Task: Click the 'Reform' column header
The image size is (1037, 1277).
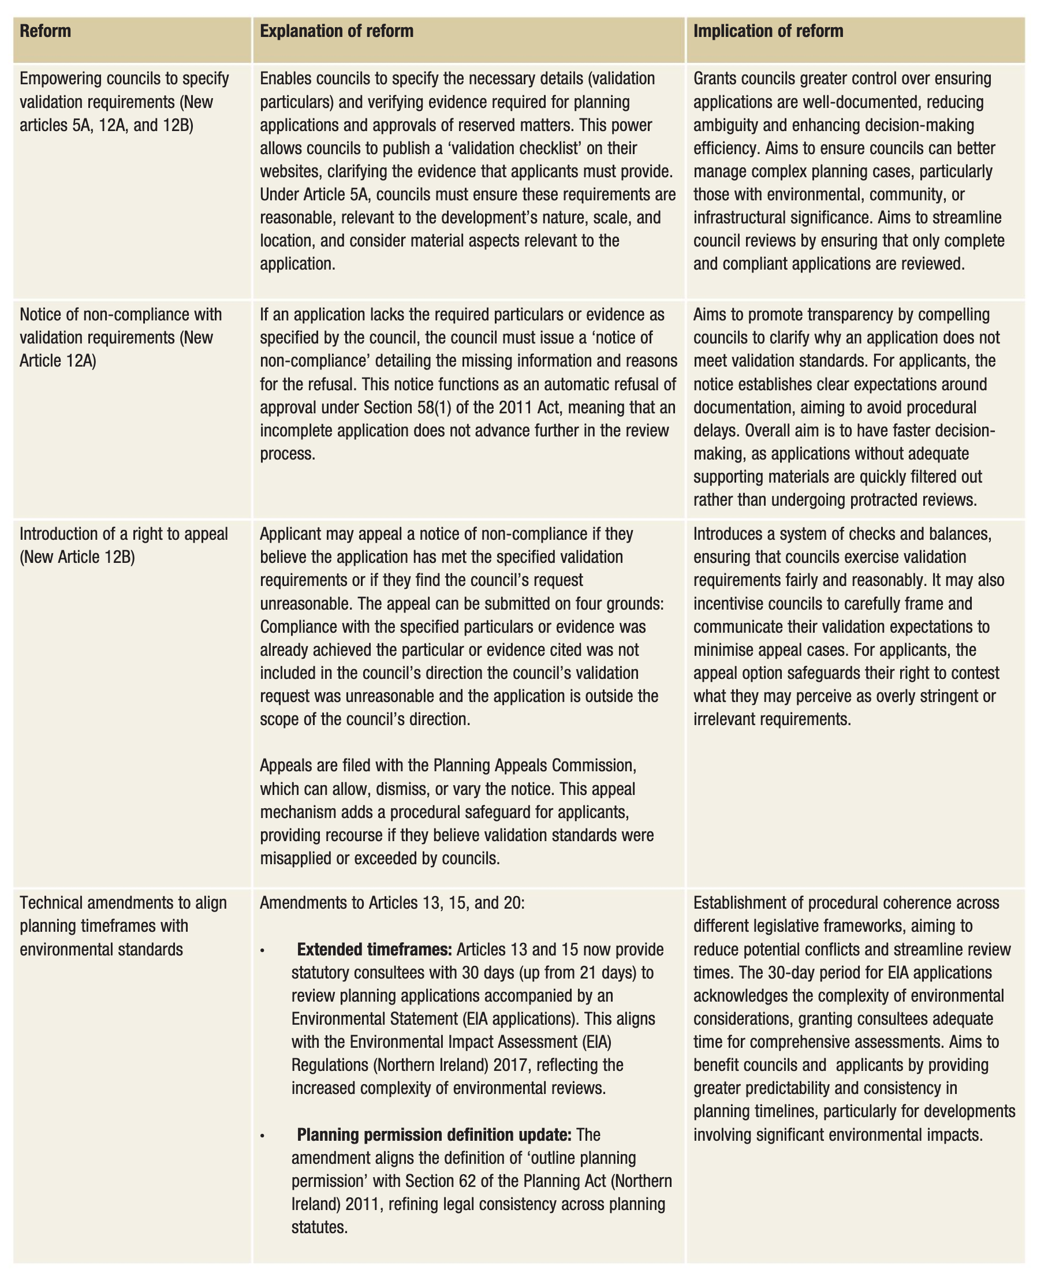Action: (x=46, y=31)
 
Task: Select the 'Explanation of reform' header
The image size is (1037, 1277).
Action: (x=336, y=31)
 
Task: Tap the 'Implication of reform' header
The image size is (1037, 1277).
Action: (x=768, y=31)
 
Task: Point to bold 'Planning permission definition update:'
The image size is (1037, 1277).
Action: (x=434, y=1134)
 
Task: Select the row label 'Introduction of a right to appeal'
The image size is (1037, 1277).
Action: (x=124, y=533)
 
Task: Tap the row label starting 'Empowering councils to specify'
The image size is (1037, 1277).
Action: (x=124, y=79)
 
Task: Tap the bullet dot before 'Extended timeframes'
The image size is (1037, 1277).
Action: (x=263, y=950)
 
